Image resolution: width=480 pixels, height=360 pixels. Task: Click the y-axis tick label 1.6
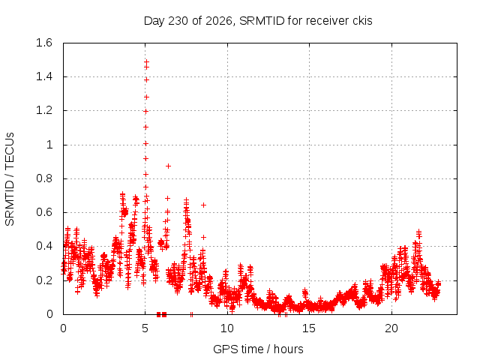coord(44,43)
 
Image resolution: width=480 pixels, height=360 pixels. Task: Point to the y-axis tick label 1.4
coord(44,76)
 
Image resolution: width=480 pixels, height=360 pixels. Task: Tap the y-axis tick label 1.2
coord(44,110)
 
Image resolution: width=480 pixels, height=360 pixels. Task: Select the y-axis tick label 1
coord(49,145)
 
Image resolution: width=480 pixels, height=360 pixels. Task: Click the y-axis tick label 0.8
coord(44,178)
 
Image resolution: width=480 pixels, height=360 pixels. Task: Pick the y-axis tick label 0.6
coord(44,212)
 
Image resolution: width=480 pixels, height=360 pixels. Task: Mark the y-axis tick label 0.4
coord(44,246)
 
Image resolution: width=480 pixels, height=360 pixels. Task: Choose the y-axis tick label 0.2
coord(44,280)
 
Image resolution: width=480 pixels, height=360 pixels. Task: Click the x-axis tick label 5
coord(145,328)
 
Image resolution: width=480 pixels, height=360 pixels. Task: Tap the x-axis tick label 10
coord(227,328)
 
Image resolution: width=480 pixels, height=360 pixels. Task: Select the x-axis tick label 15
coord(309,328)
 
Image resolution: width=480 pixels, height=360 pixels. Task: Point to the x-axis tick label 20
coord(391,328)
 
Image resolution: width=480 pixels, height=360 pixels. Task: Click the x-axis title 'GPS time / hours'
coord(258,349)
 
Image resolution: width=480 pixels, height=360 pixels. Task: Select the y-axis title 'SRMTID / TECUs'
coord(10,179)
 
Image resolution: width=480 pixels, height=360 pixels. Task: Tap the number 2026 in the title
coord(219,21)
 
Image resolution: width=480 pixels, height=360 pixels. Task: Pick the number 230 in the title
coord(178,21)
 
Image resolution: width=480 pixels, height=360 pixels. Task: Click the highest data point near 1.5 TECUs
coord(147,61)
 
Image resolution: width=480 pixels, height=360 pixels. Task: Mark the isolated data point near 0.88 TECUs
coord(168,166)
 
